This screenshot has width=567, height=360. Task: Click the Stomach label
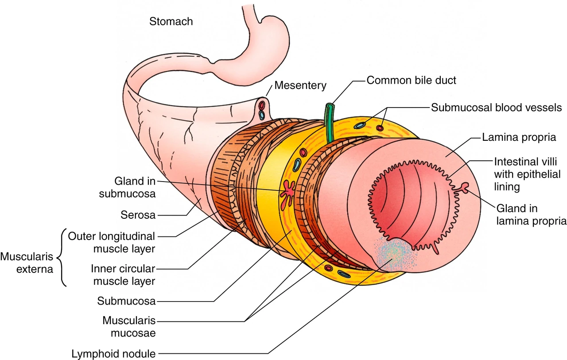tap(171, 22)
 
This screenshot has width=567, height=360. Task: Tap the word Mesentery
tap(300, 85)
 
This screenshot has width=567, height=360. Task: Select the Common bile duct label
tap(411, 81)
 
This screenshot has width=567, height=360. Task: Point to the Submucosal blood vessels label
tap(497, 108)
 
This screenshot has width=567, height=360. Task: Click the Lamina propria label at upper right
tap(519, 137)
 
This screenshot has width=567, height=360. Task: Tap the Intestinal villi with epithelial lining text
tap(527, 174)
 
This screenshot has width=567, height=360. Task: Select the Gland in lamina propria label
tap(531, 214)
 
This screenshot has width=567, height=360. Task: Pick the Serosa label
tap(138, 215)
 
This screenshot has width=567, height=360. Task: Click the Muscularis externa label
tap(27, 263)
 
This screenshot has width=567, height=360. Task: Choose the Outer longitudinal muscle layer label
tap(111, 242)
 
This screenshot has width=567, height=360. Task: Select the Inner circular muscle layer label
tap(123, 275)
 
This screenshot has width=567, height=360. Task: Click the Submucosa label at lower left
tap(126, 301)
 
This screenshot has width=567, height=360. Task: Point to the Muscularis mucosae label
tap(129, 327)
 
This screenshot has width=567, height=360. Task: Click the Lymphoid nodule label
tap(114, 354)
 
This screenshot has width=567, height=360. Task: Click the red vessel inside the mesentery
tap(262, 105)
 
